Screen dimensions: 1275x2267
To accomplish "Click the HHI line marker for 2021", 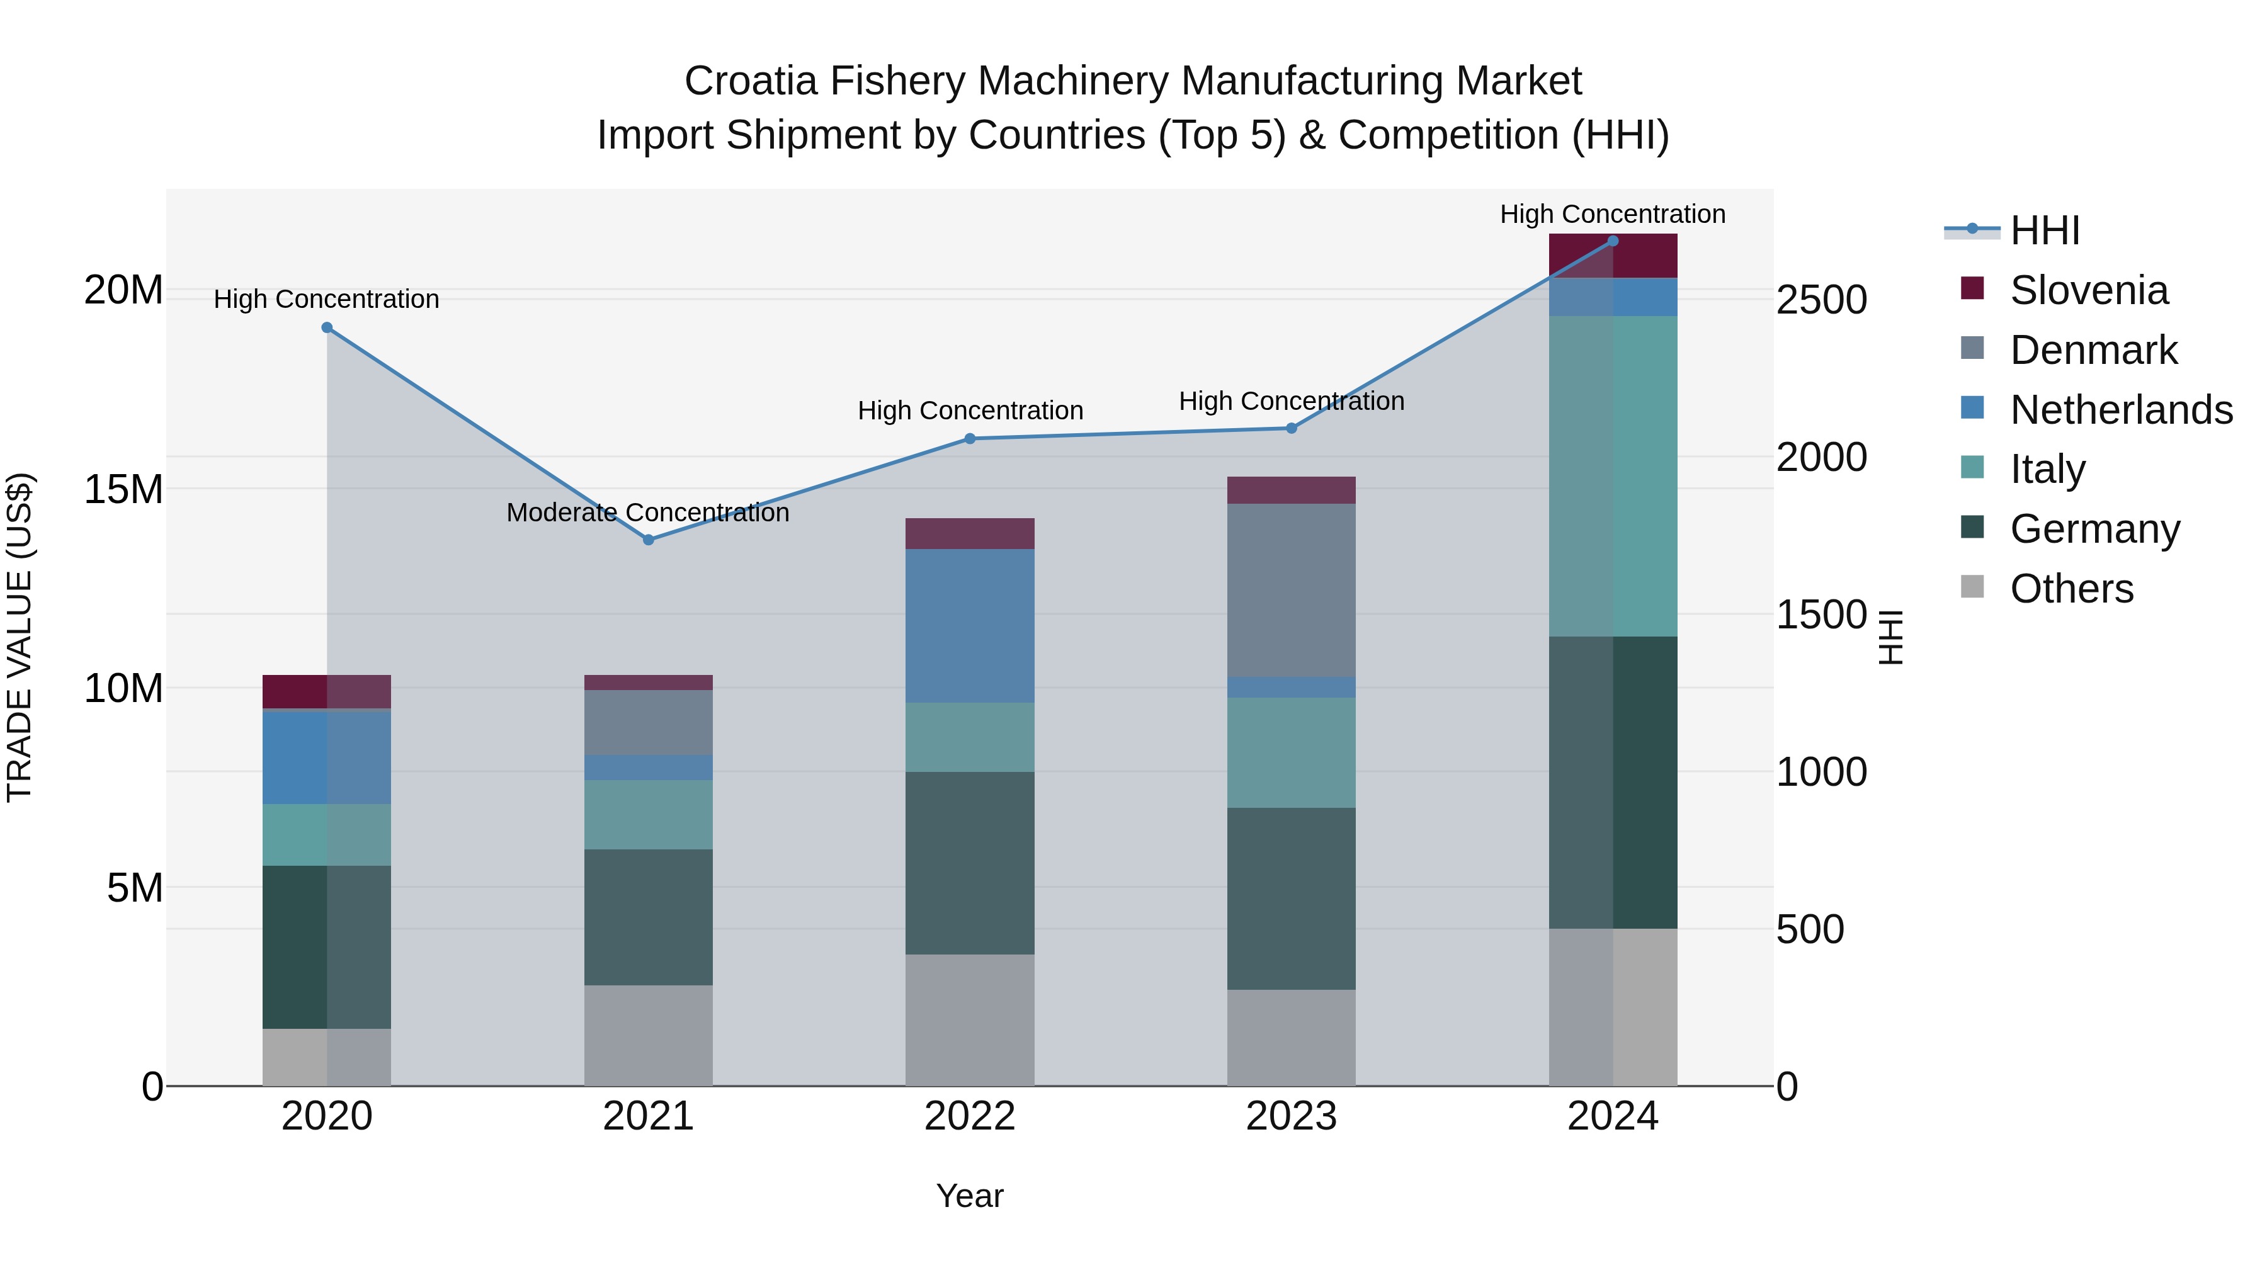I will (x=649, y=540).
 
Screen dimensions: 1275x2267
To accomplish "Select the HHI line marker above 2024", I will (x=1613, y=241).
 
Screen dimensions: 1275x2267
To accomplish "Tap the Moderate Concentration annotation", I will (x=648, y=512).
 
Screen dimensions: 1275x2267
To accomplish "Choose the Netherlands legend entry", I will (x=2121, y=410).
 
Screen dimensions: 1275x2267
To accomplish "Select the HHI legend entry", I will (x=2044, y=230).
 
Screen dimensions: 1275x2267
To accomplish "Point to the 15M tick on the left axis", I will (x=123, y=489).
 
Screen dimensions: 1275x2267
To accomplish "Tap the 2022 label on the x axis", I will (x=970, y=1116).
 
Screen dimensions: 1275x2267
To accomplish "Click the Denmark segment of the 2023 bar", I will (x=1291, y=589).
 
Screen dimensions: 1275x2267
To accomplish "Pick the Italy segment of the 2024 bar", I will (x=1613, y=475).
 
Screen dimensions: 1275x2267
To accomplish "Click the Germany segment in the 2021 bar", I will (x=649, y=916).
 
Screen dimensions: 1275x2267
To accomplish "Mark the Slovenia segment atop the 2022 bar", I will (x=970, y=533).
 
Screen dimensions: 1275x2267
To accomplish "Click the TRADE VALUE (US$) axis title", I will (x=20, y=637).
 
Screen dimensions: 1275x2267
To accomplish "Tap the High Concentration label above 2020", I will (x=326, y=299).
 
